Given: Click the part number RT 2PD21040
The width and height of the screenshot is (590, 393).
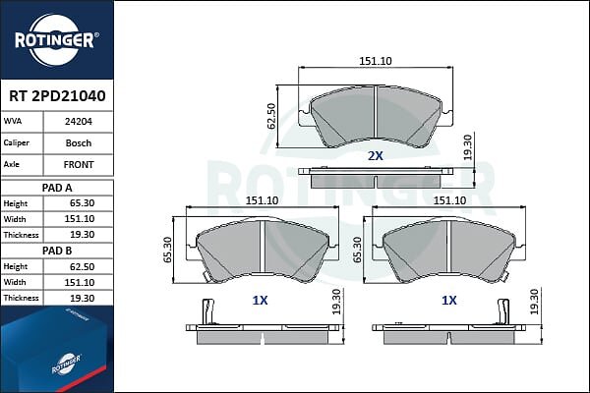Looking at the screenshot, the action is coord(57,96).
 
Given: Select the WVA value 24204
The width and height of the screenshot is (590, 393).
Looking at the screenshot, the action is coord(79,122).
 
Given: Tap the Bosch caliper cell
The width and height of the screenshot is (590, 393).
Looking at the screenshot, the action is coord(79,142).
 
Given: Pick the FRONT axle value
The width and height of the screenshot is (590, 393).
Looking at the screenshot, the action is coord(79,164).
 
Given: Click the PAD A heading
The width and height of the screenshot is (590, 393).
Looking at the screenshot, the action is coord(57,188).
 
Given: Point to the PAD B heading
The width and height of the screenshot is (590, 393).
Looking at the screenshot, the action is coord(57,251).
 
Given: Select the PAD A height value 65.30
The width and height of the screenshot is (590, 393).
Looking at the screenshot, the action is coord(82,203).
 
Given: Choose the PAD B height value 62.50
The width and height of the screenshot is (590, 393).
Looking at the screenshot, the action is coord(82,266).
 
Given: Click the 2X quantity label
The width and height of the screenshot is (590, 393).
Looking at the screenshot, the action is coord(376,155).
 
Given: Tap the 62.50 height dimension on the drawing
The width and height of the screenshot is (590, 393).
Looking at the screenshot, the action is coord(271,116).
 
